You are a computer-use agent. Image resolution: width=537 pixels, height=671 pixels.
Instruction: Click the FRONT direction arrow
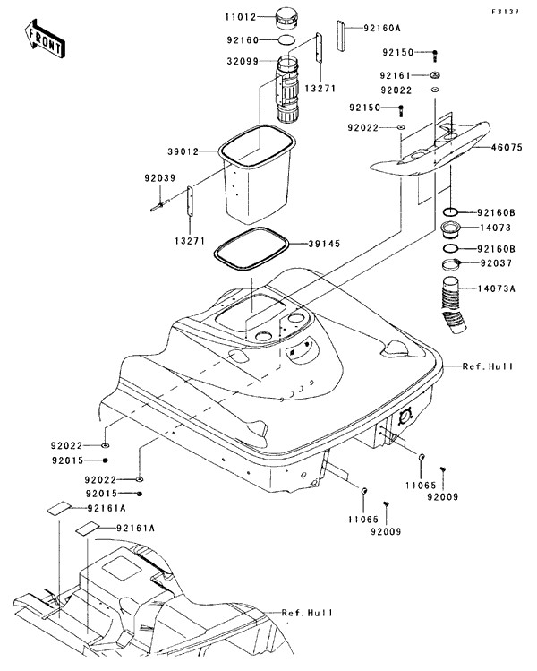pos(43,39)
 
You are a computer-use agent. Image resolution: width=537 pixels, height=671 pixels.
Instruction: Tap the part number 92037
pos(498,264)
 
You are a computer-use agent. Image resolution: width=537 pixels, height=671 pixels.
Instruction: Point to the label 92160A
pos(381,28)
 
